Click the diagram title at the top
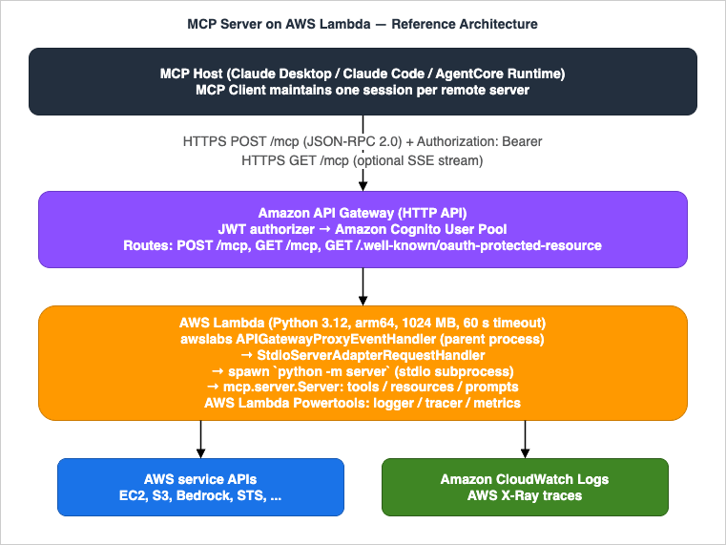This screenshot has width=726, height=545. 363,24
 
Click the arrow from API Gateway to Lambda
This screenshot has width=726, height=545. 363,285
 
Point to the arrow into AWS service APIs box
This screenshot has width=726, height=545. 200,438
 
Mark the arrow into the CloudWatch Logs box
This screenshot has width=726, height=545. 525,438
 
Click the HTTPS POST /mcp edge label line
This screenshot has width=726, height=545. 363,142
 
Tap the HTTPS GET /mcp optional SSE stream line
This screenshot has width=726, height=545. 363,160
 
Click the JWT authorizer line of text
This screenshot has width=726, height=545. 363,229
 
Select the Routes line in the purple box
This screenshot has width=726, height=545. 363,245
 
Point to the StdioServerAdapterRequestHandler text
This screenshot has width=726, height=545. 363,353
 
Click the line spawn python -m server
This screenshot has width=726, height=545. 363,369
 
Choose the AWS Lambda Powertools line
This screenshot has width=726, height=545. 363,402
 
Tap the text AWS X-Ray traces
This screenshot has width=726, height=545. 525,496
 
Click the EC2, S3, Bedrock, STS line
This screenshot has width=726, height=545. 200,496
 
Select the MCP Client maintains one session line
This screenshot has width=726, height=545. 363,90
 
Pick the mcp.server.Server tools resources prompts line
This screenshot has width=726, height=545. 363,386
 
